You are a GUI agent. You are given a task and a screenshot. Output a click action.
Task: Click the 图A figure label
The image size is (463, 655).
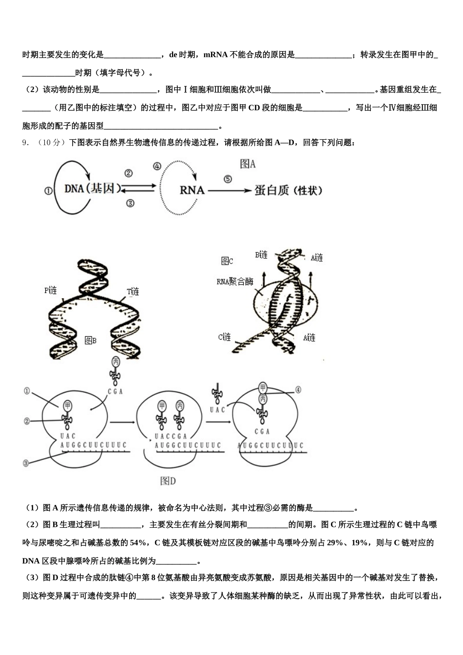pos(248,164)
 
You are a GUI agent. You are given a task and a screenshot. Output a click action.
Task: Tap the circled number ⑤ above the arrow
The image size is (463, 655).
pos(228,179)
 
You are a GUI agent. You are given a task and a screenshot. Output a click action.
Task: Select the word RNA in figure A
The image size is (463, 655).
pos(192,190)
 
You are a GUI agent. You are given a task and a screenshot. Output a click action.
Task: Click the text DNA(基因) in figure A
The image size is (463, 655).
pos(92,188)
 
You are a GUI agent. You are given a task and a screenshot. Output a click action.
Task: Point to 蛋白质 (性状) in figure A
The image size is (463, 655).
pos(288,191)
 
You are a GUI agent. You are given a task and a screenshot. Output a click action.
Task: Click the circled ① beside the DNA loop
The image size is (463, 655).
pos(48,191)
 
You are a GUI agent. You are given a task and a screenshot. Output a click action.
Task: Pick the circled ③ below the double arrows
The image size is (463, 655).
pos(130,203)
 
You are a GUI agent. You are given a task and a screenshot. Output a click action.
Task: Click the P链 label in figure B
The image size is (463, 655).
pos(51,291)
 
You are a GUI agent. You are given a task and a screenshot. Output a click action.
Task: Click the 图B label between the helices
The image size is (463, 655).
pos(91,340)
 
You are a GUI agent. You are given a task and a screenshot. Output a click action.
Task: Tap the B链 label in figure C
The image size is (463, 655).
pos(261,255)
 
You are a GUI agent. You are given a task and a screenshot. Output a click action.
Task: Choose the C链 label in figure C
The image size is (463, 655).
pos(224,337)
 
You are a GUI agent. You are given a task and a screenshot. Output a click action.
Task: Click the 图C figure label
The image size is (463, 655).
pos(227,261)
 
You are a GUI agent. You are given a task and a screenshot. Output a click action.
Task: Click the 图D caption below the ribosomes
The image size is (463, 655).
pos(168,481)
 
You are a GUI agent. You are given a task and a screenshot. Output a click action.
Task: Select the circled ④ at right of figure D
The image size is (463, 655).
pos(298,390)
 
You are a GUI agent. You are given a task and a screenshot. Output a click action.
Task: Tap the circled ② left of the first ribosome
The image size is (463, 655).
pos(27,421)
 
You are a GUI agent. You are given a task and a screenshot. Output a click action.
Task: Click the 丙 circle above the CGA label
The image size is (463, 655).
pos(116,362)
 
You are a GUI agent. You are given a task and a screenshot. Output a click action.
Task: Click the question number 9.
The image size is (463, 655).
pos(26,143)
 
